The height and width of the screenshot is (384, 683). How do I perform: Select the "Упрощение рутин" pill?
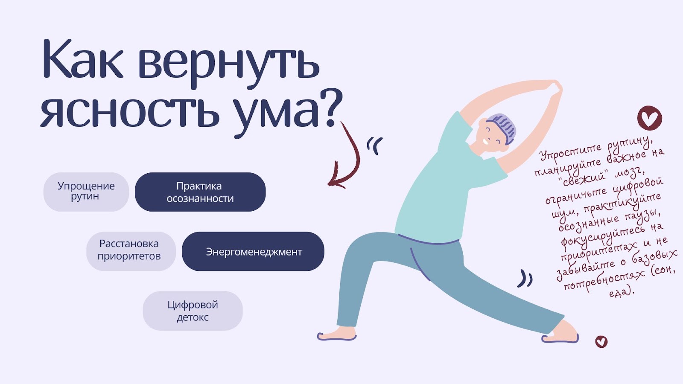(86, 192)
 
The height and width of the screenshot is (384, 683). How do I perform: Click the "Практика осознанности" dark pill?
(200, 192)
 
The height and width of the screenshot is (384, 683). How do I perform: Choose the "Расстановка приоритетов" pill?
(131, 251)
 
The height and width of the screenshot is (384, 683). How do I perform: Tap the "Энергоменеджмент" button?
(253, 251)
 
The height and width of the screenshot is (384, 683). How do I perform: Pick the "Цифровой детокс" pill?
(193, 311)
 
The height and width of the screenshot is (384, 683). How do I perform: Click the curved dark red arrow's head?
(336, 180)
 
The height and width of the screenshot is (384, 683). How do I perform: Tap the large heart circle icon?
(649, 118)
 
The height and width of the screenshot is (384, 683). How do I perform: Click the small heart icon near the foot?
(601, 342)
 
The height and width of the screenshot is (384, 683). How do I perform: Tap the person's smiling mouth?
(486, 142)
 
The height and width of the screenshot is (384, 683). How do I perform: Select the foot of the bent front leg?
(337, 334)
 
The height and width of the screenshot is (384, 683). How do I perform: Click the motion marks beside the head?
(375, 145)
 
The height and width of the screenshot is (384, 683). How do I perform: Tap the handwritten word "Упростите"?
(570, 152)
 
